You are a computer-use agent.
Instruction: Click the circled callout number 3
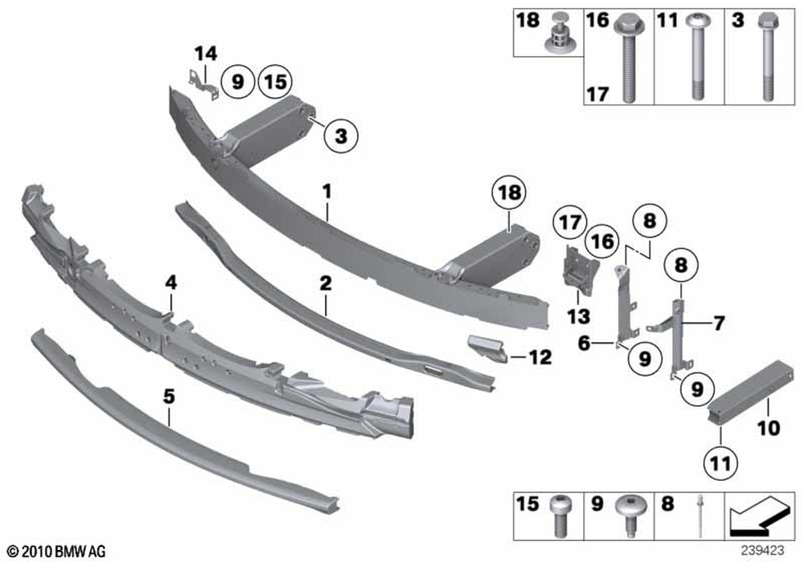click(x=341, y=137)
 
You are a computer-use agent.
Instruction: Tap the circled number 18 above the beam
click(x=510, y=193)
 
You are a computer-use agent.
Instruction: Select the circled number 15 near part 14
click(x=275, y=81)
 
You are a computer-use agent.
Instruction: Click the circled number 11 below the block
click(x=719, y=462)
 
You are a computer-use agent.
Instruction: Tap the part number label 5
click(x=169, y=395)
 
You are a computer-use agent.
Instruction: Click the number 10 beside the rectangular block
click(x=768, y=429)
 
